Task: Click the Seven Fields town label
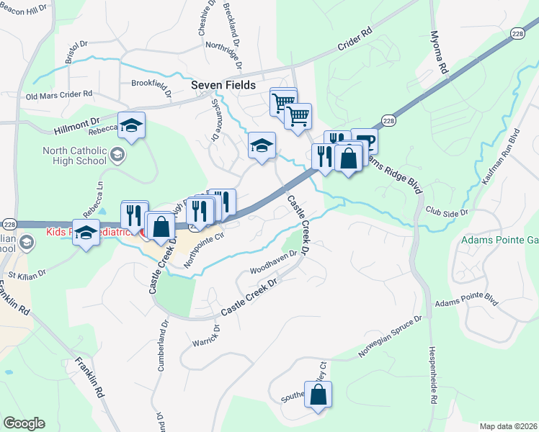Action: (x=223, y=85)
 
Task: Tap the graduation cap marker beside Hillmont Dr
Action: (x=131, y=127)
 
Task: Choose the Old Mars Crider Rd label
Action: (x=59, y=94)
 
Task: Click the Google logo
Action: (x=24, y=423)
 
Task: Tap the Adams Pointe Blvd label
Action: (x=466, y=300)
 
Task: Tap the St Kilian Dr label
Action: (x=27, y=274)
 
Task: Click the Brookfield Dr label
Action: (x=151, y=87)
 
